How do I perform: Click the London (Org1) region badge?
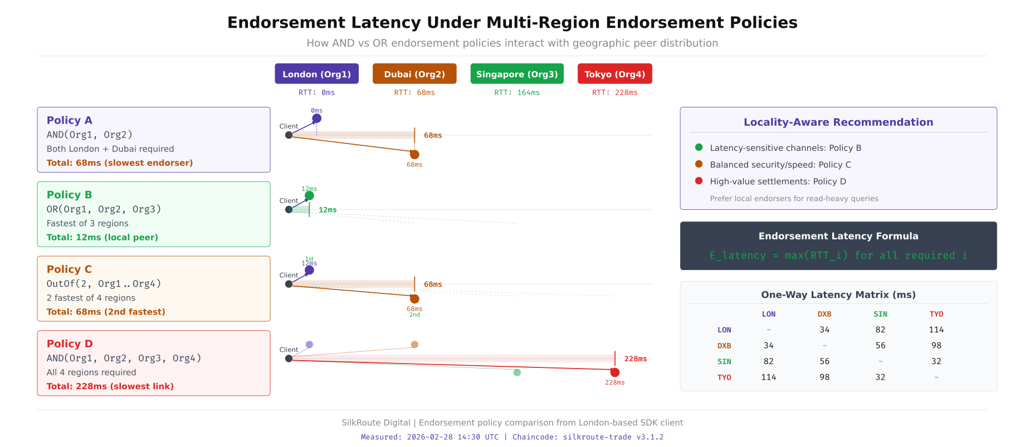[x=316, y=74]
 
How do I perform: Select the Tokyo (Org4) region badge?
[x=614, y=74]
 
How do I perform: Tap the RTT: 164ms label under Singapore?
[x=516, y=93]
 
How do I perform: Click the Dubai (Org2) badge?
[x=414, y=74]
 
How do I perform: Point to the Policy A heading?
[x=70, y=120]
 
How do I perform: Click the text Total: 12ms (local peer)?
[x=102, y=237]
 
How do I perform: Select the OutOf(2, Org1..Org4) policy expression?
[x=104, y=284]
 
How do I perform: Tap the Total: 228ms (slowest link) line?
[x=110, y=386]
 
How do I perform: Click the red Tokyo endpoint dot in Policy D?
[x=614, y=372]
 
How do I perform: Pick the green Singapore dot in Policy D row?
[x=517, y=372]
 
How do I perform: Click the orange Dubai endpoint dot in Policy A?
[x=414, y=154]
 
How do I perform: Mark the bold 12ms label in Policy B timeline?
[x=328, y=210]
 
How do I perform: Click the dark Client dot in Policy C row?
[x=289, y=284]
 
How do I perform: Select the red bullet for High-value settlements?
[x=699, y=181]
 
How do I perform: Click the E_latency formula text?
[x=838, y=256]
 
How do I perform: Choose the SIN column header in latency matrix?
[x=880, y=314]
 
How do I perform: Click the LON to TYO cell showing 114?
[x=936, y=330]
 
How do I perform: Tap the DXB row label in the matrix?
[x=724, y=346]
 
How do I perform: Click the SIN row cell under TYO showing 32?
[x=936, y=361]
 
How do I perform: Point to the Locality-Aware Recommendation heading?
[x=838, y=122]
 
